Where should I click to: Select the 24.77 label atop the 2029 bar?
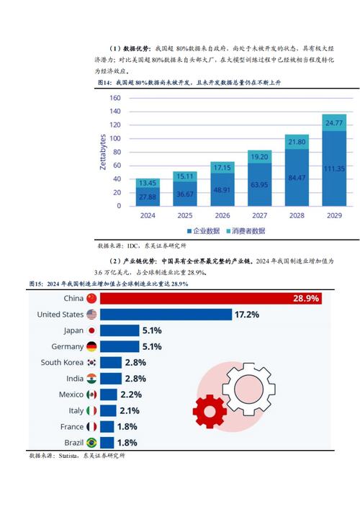point(333,123)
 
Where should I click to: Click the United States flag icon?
point(91,314)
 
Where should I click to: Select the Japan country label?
point(73,330)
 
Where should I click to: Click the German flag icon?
point(91,346)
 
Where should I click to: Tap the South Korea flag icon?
point(91,362)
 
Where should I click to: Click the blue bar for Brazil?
point(108,442)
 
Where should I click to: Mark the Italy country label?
point(76,410)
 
